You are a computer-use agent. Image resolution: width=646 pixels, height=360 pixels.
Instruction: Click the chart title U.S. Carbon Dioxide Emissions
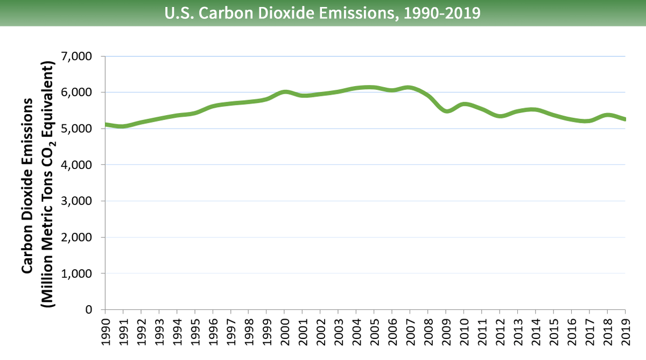(322, 12)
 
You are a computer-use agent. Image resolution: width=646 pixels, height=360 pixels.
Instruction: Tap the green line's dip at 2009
(446, 111)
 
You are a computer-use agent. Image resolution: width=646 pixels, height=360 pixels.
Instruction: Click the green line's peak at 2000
(284, 92)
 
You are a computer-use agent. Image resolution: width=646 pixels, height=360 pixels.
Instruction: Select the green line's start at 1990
(106, 124)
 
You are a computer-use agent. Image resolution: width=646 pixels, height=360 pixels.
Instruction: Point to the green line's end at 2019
(624, 119)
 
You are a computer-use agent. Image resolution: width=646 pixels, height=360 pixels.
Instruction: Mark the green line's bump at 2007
(410, 88)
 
